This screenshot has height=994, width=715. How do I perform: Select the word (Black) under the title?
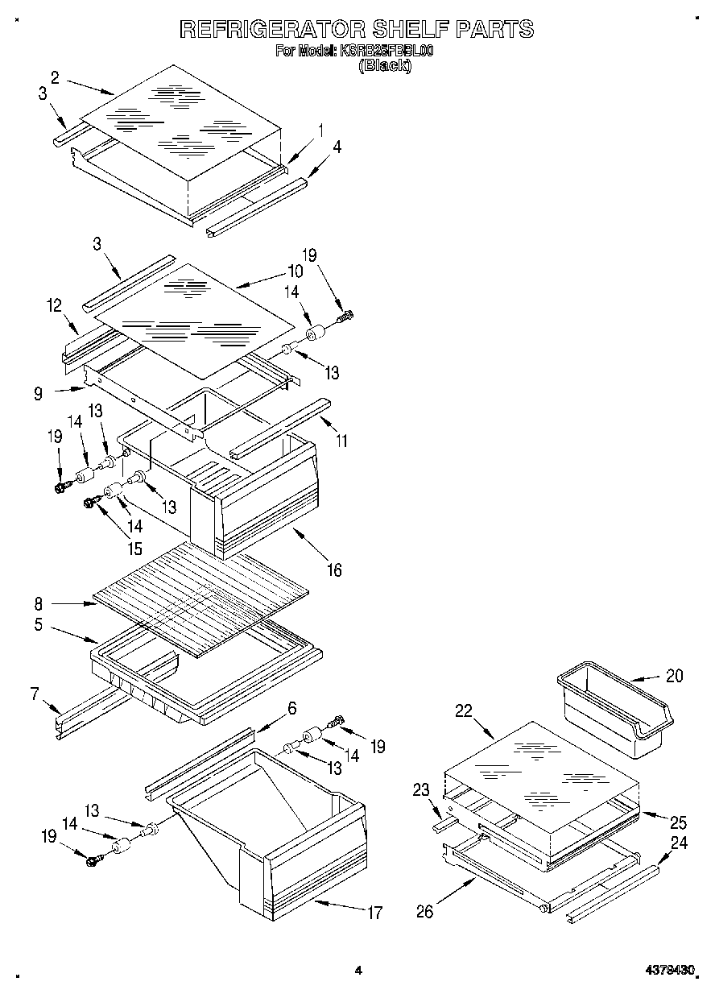[384, 66]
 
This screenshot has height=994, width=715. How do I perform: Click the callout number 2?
[55, 77]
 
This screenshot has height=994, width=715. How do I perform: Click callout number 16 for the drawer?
[333, 570]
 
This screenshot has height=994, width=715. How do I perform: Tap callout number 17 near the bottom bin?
[374, 913]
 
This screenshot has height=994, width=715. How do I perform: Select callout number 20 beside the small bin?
[674, 677]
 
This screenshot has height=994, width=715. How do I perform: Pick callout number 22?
[463, 710]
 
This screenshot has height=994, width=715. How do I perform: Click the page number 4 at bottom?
[358, 971]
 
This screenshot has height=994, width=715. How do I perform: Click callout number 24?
[680, 843]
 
